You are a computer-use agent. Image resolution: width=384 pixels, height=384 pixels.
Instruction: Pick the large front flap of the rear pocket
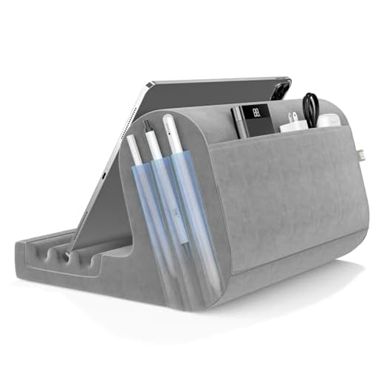click(281, 199)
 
